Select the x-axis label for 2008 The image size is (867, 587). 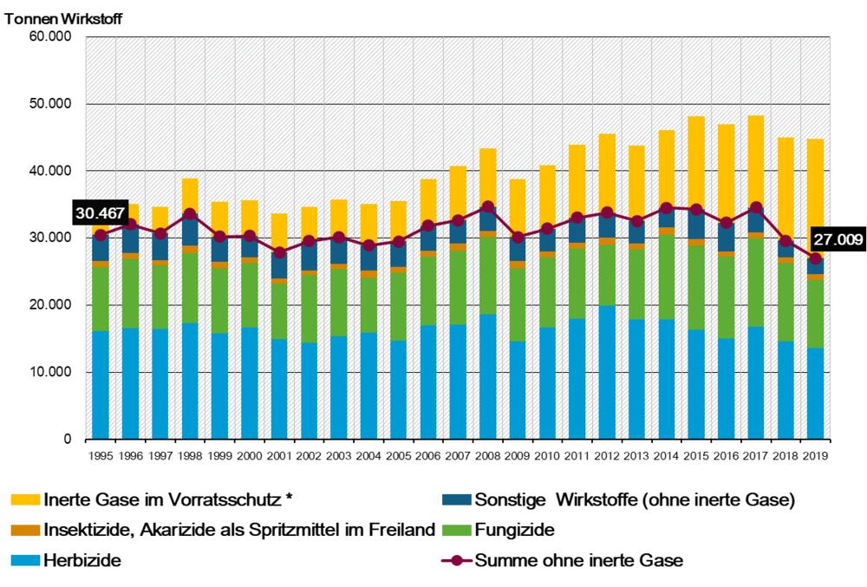pyautogui.click(x=488, y=455)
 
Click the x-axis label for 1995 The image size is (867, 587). pyautogui.click(x=101, y=455)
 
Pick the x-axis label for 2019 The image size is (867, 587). pyautogui.click(x=816, y=455)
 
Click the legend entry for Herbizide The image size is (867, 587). pyautogui.click(x=81, y=560)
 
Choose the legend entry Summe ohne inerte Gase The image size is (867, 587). pyautogui.click(x=578, y=560)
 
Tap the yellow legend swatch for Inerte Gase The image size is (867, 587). pyautogui.click(x=23, y=499)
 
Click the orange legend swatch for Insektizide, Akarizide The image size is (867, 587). pyautogui.click(x=23, y=530)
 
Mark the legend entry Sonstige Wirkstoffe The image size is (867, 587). pyautogui.click(x=633, y=499)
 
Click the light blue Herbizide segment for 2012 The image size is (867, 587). pyautogui.click(x=607, y=373)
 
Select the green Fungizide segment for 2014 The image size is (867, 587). pyautogui.click(x=667, y=277)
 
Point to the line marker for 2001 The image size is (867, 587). pyautogui.click(x=279, y=252)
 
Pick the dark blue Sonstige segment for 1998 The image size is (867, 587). pyautogui.click(x=190, y=230)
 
